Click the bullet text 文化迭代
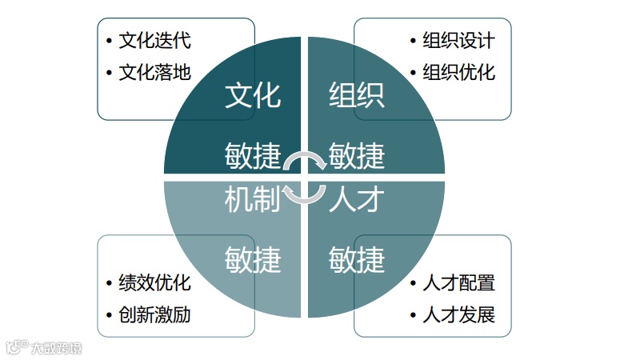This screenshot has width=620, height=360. (154, 40)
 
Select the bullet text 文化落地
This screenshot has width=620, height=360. (154, 72)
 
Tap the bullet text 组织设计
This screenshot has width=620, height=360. (458, 40)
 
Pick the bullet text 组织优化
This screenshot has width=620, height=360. (458, 72)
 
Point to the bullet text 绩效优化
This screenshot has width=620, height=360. (154, 282)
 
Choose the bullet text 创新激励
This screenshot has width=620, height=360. (154, 314)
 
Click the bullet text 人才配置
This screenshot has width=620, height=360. (458, 282)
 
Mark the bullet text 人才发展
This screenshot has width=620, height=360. (458, 314)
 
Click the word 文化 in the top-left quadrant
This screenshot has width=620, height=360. (252, 95)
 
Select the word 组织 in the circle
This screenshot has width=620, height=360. (357, 95)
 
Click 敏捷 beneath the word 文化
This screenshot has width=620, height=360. (252, 155)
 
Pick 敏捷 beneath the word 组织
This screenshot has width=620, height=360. (357, 155)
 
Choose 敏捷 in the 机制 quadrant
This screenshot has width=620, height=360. (252, 260)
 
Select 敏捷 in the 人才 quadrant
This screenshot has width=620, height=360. (357, 260)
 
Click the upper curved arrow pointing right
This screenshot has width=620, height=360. (305, 160)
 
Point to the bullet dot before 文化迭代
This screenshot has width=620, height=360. (109, 41)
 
